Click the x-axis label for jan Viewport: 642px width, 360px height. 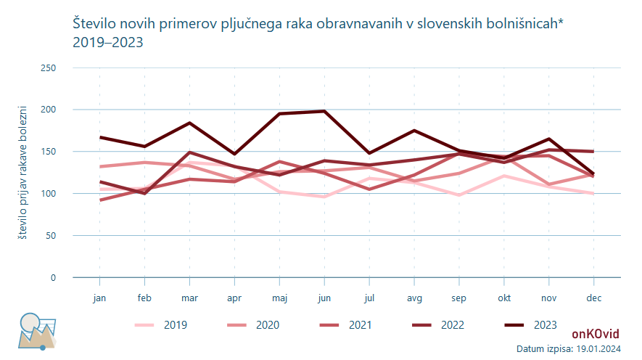click(100, 298)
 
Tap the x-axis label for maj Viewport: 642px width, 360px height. click(279, 298)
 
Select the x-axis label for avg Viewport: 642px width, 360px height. click(414, 298)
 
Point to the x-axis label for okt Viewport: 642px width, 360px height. click(503, 298)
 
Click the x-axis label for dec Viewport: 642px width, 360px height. click(593, 298)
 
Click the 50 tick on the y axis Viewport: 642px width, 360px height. click(51, 236)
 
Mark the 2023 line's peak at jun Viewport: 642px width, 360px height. click(324, 111)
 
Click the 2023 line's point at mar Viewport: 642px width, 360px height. click(189, 123)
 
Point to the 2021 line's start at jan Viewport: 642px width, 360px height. click(100, 200)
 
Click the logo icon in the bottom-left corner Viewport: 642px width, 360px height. click(36, 331)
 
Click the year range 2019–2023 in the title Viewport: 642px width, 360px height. click(108, 42)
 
